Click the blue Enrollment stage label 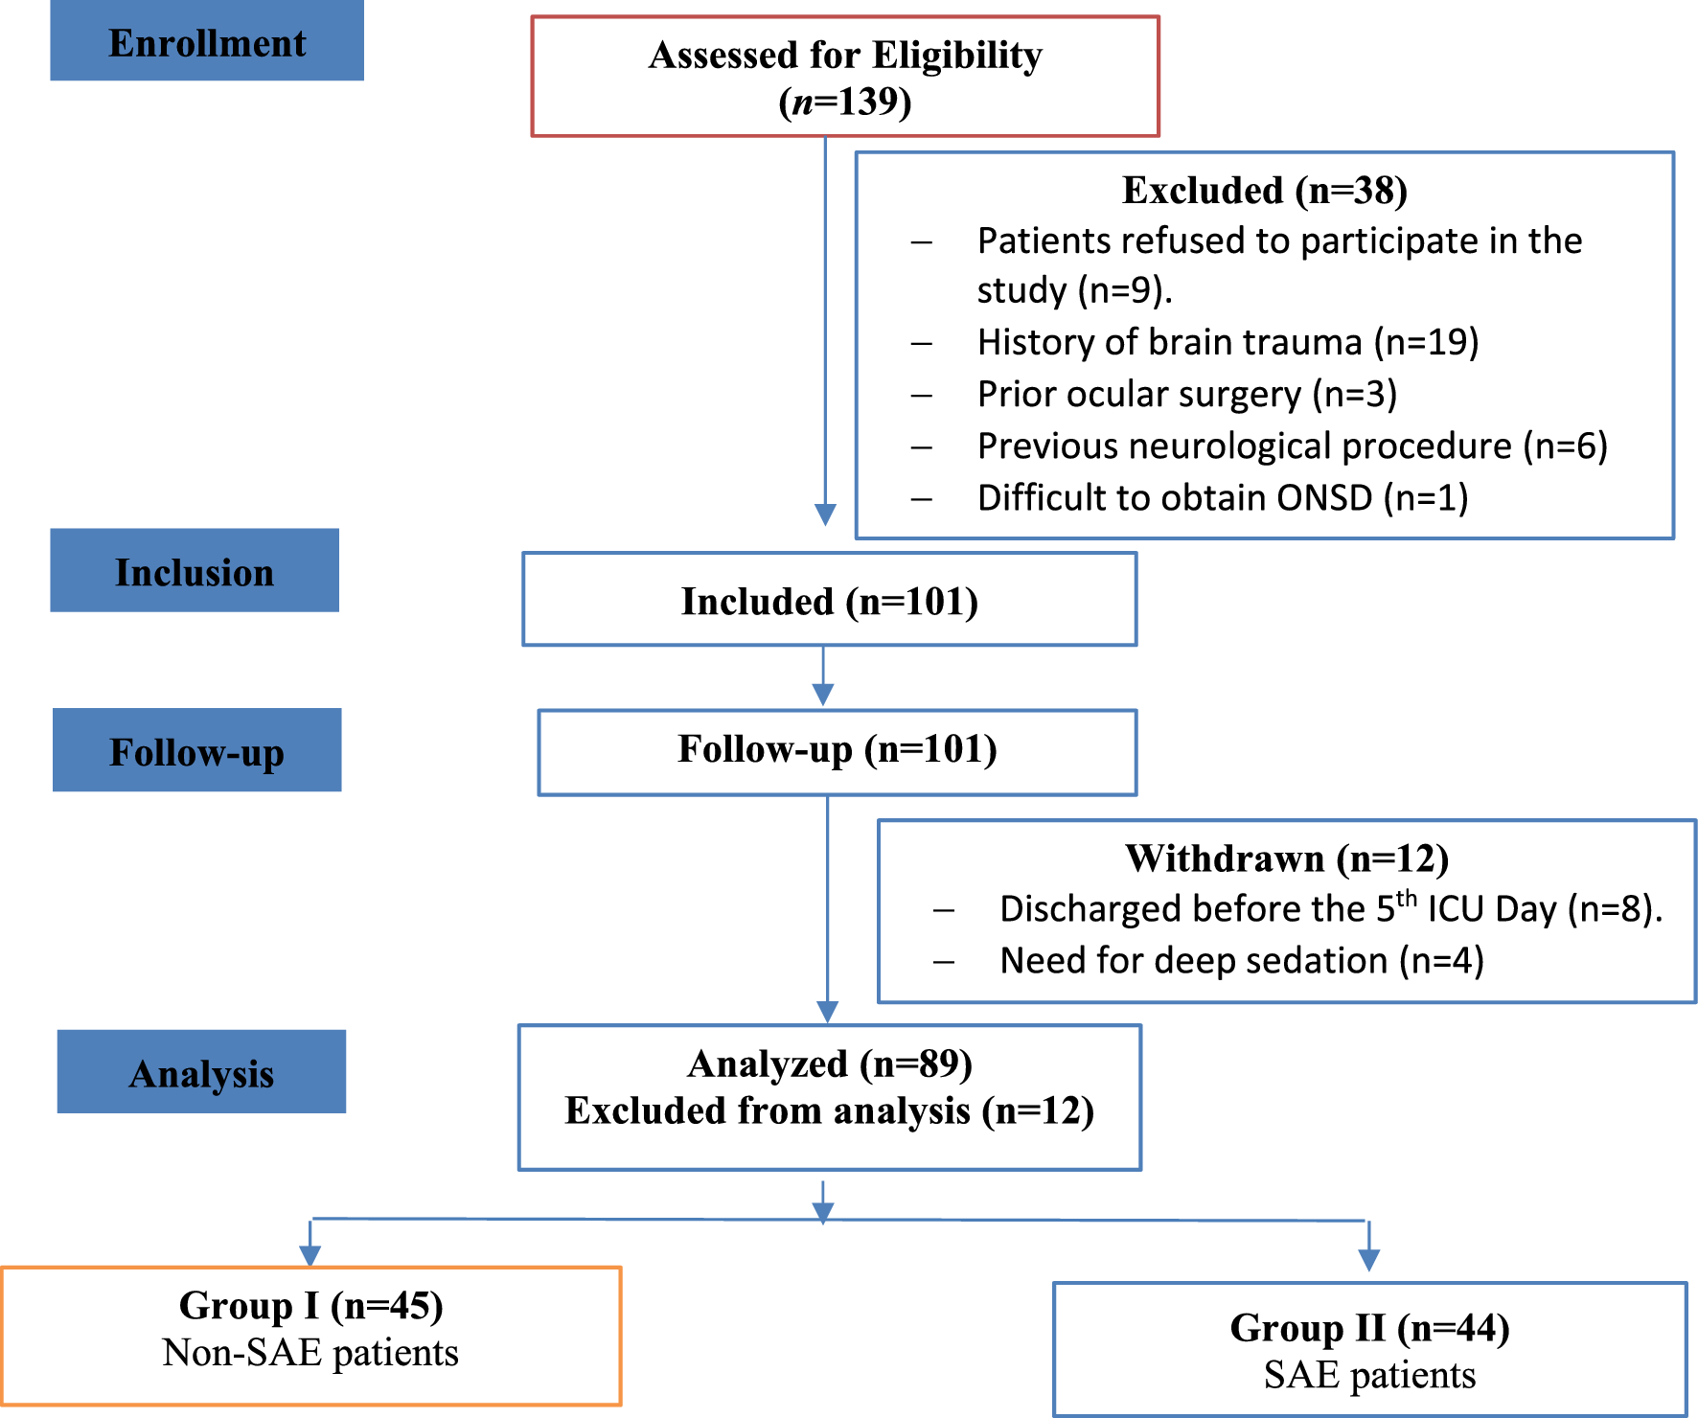[x=206, y=42]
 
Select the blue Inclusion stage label [x=195, y=571]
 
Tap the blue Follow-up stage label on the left [x=196, y=751]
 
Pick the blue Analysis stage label [x=201, y=1072]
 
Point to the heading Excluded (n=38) [x=1264, y=190]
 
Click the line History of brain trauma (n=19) [x=1228, y=342]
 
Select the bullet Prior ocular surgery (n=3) [x=1186, y=394]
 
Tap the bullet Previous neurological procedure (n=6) [x=1292, y=446]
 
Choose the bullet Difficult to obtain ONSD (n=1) [x=1222, y=497]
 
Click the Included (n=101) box [x=829, y=601]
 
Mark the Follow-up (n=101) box [x=837, y=749]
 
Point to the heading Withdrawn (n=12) [x=1286, y=858]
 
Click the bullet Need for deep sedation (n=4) [x=1241, y=960]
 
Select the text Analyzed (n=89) [x=829, y=1063]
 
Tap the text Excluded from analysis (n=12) [x=829, y=1110]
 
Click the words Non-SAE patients [x=310, y=1352]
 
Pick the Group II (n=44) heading [x=1369, y=1328]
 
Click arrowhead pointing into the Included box [x=825, y=515]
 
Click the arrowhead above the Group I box [x=310, y=1255]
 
